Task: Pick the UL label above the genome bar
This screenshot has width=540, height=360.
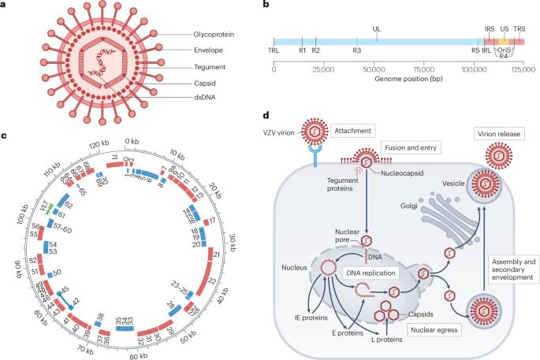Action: pyautogui.click(x=377, y=28)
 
